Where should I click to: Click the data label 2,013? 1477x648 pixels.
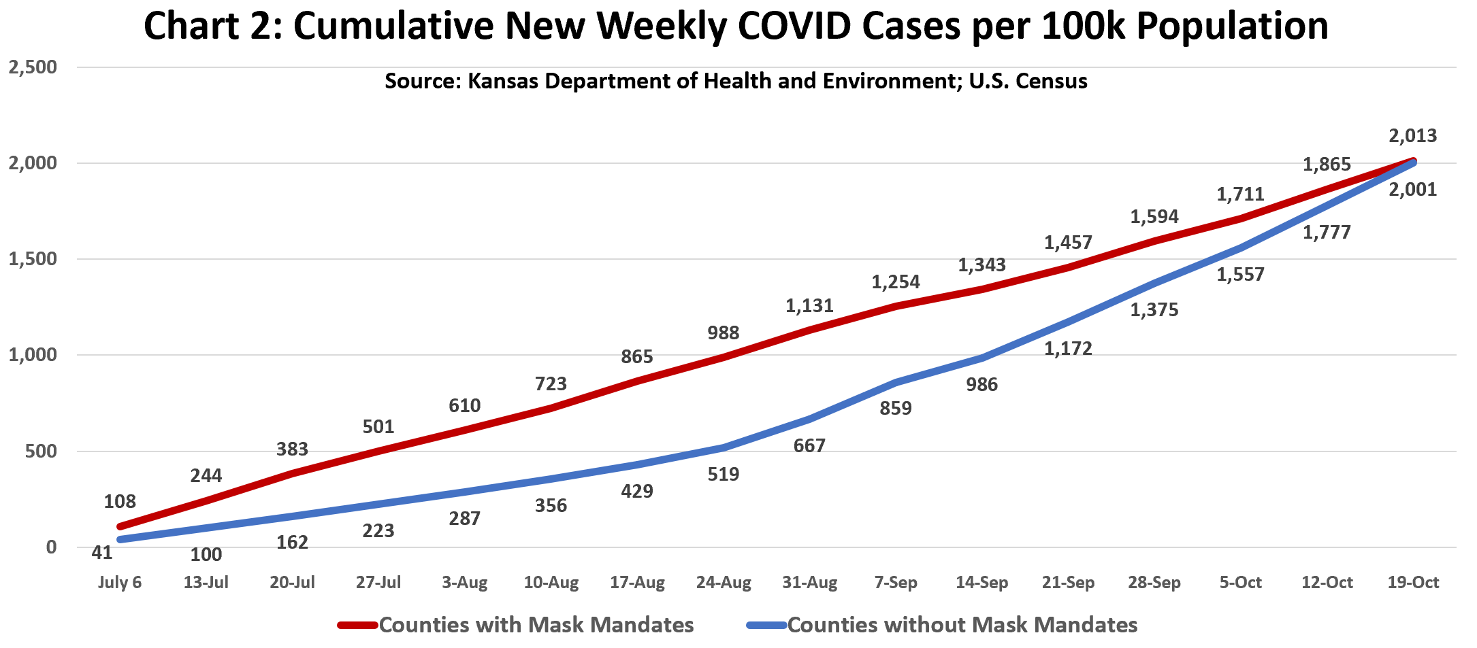click(1412, 136)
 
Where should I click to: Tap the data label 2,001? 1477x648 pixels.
click(1412, 190)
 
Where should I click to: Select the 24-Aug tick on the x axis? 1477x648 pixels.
click(723, 583)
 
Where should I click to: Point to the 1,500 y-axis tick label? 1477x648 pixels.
click(32, 259)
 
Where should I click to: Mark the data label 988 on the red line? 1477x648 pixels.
click(723, 333)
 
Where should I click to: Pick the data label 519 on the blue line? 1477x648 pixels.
click(723, 475)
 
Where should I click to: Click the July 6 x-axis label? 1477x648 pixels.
click(120, 583)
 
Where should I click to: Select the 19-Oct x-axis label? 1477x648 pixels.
click(1413, 583)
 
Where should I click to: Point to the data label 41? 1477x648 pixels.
click(102, 553)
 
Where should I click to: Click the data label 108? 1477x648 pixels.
click(120, 502)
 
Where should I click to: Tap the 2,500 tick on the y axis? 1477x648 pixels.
click(32, 67)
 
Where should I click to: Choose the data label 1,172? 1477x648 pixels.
click(1068, 349)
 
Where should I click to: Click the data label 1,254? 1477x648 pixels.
click(896, 282)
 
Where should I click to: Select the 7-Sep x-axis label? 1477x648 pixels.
click(896, 583)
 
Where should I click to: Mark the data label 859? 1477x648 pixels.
click(896, 409)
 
